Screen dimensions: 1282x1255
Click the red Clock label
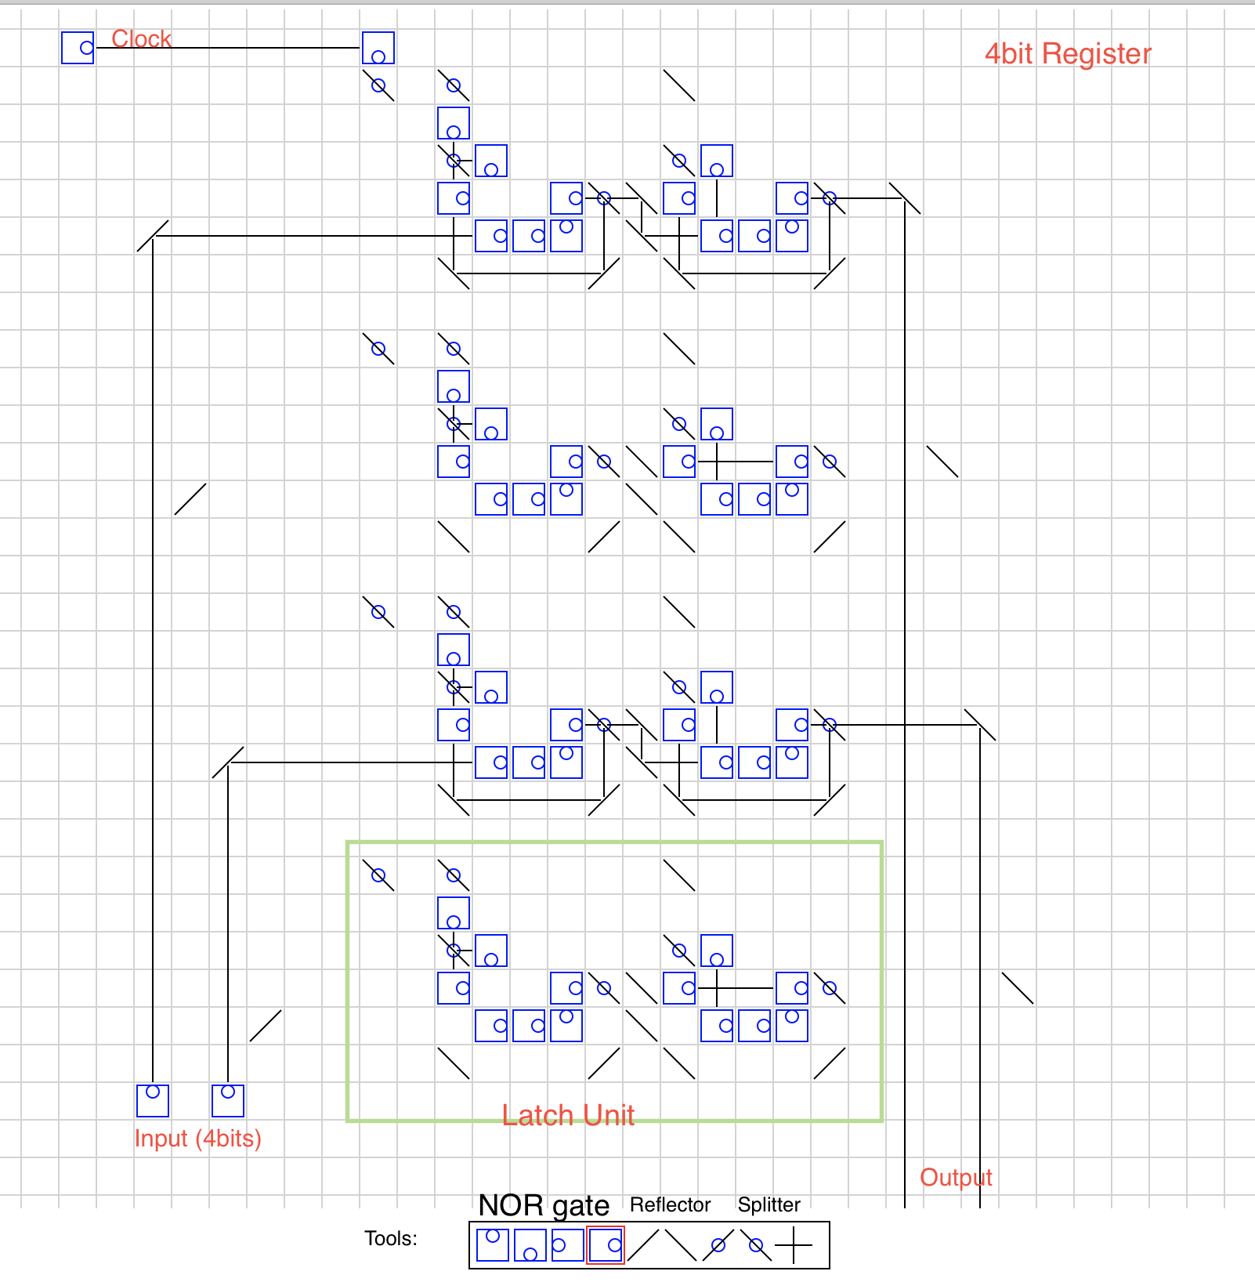click(141, 38)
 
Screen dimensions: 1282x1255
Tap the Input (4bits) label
click(197, 1138)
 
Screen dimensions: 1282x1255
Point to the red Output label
click(956, 1177)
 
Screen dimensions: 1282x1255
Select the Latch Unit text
click(568, 1114)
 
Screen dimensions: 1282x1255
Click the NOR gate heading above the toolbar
click(544, 1205)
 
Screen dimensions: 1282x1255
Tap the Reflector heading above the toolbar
click(670, 1204)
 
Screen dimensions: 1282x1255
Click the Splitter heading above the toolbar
click(769, 1204)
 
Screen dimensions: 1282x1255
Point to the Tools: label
click(391, 1238)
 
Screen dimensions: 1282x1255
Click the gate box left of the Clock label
click(78, 48)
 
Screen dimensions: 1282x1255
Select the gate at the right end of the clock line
click(378, 48)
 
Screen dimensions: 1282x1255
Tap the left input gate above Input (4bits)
click(153, 1100)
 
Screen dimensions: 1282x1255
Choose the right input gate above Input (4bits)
click(228, 1100)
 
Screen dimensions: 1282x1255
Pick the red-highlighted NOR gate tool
click(606, 1245)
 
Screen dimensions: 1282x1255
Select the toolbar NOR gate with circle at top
click(493, 1245)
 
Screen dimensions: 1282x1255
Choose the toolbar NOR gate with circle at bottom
click(530, 1245)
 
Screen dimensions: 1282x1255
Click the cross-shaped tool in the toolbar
click(794, 1245)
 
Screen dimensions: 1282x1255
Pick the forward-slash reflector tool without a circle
click(643, 1245)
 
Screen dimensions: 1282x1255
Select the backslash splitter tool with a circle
click(756, 1245)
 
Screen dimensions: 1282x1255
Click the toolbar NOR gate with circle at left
click(568, 1245)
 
